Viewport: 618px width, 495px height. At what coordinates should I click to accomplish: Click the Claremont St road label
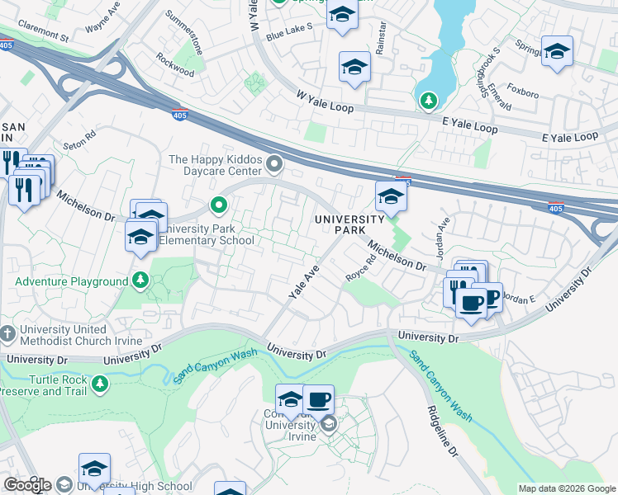(x=40, y=35)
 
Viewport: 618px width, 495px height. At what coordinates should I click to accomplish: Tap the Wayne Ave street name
(x=104, y=20)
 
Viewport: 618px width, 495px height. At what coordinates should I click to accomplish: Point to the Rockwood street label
(x=175, y=66)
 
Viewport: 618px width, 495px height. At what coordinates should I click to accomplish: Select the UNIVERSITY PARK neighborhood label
(x=349, y=224)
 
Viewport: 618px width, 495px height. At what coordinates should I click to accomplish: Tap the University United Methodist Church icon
(x=8, y=335)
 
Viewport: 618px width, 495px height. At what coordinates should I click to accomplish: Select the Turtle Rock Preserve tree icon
(x=100, y=384)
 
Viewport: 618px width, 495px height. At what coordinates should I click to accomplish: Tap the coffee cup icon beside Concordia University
(x=318, y=400)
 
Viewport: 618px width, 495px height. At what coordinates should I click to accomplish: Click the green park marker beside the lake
(x=428, y=101)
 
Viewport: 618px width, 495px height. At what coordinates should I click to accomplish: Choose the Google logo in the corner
(x=27, y=484)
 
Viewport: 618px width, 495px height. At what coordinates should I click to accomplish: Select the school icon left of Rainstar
(x=354, y=67)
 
